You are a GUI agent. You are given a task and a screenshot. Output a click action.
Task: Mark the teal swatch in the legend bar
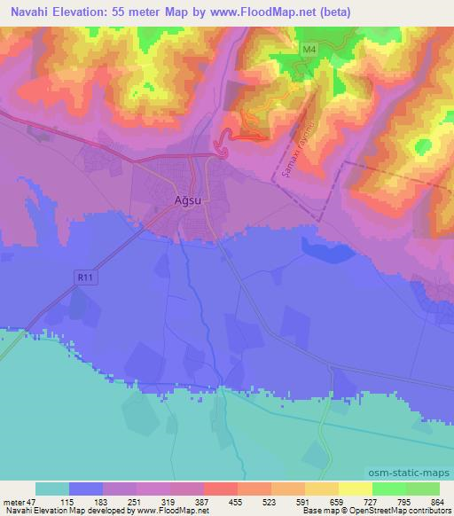52,489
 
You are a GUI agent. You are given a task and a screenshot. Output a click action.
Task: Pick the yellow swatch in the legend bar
356,489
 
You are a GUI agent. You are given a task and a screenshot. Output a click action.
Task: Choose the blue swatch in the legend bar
86,489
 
